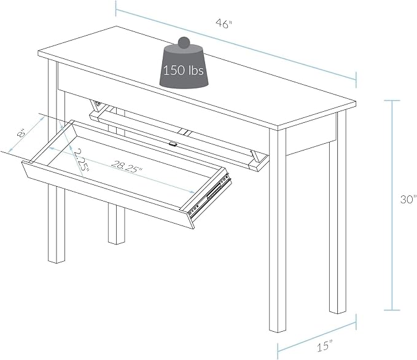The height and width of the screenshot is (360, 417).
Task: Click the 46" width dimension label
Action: [224, 24]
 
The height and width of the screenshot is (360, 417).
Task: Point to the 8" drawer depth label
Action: [21, 132]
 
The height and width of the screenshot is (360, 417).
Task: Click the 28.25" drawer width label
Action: [127, 167]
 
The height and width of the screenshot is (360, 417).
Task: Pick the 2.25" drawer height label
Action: [82, 160]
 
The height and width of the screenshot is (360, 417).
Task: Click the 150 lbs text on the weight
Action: [184, 70]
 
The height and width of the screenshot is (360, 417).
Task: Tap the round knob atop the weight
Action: [184, 42]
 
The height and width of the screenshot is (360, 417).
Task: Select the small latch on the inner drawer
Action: [173, 144]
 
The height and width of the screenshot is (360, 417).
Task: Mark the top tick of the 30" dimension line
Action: [392, 101]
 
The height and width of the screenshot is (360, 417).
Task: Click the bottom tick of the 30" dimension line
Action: [392, 310]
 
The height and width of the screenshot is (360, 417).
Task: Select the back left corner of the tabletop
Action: [116, 26]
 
